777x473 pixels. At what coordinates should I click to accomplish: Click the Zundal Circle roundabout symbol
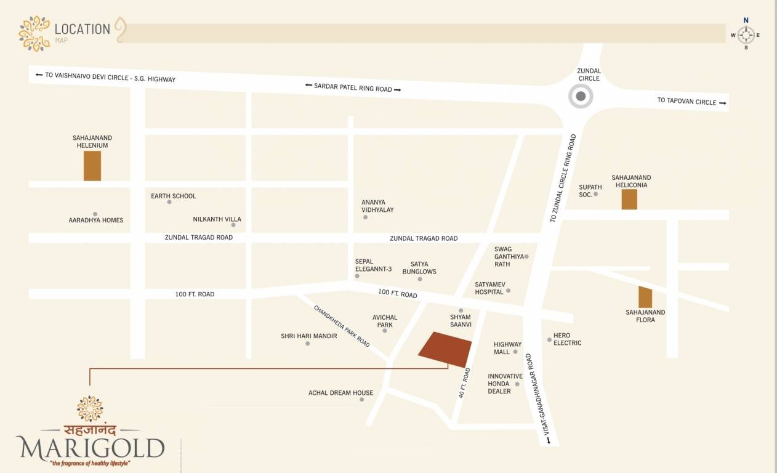click(x=580, y=97)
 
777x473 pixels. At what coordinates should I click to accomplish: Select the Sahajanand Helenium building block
click(x=92, y=166)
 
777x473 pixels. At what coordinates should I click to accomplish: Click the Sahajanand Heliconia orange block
click(x=629, y=200)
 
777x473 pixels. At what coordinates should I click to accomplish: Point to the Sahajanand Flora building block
click(x=645, y=297)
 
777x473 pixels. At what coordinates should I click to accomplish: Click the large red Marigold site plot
click(x=445, y=349)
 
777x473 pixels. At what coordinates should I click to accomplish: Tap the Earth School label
click(x=174, y=196)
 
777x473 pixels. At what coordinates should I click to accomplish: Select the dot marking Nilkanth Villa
click(x=233, y=225)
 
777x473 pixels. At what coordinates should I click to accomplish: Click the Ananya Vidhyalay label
click(x=377, y=206)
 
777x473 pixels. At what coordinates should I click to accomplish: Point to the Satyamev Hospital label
click(x=490, y=288)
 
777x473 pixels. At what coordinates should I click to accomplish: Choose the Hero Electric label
click(x=567, y=339)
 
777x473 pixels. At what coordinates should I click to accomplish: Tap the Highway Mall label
click(x=507, y=348)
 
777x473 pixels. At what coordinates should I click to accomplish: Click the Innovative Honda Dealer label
click(x=505, y=383)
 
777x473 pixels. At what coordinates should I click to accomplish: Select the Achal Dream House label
click(x=340, y=392)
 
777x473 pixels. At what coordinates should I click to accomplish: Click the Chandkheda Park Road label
click(x=342, y=326)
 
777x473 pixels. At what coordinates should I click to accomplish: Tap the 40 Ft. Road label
click(x=465, y=383)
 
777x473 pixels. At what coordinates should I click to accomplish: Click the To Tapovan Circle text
click(x=686, y=101)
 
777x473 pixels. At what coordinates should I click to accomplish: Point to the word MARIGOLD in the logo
click(x=91, y=447)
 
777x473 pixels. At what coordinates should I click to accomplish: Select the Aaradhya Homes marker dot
click(x=95, y=214)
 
